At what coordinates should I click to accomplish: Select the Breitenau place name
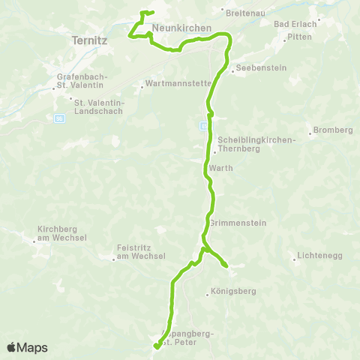point(246,11)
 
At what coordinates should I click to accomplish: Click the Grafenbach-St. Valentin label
point(82,82)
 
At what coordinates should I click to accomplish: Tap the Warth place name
point(222,168)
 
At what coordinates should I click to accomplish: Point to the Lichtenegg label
point(319,256)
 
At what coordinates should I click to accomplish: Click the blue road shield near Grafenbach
point(59,118)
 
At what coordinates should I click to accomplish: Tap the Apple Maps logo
point(27,347)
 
